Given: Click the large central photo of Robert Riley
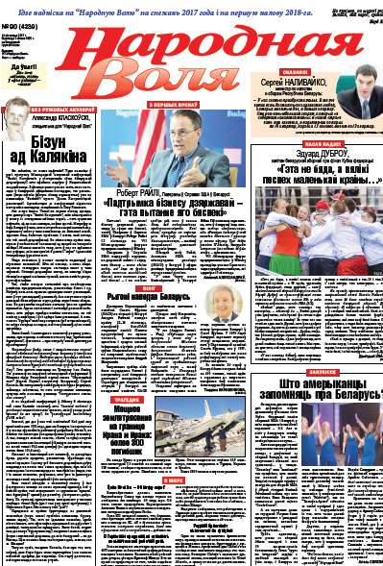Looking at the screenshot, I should (176, 149).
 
